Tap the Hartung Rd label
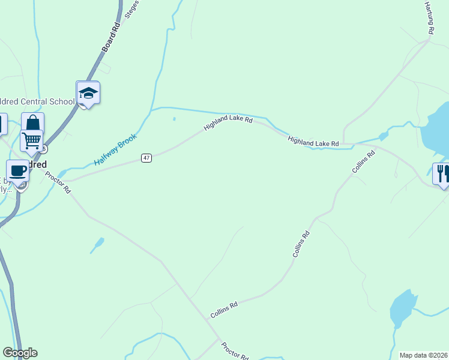point(429,17)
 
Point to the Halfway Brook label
point(116,150)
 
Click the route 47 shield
point(146,158)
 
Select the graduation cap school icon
point(88,93)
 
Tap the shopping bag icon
point(33,124)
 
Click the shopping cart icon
point(31,141)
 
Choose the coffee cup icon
point(17,170)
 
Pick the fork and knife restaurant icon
point(443,173)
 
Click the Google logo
point(20,353)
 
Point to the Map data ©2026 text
point(424,355)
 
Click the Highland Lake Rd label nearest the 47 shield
point(228,124)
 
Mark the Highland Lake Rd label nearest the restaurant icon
point(313,142)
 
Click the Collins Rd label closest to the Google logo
point(224,310)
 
